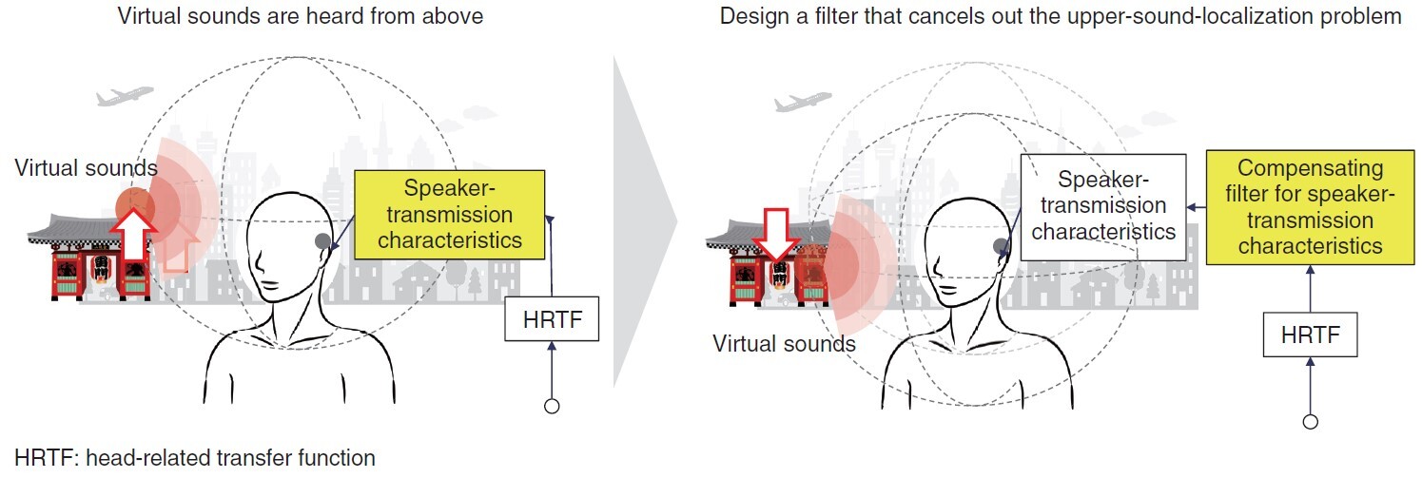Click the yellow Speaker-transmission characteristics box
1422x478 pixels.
[450, 214]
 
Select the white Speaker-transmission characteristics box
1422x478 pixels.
[1103, 206]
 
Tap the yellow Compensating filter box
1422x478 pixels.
[1311, 206]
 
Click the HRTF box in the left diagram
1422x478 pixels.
[552, 319]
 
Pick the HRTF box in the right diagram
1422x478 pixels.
[1311, 335]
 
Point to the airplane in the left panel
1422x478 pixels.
[125, 96]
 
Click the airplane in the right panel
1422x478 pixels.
[803, 102]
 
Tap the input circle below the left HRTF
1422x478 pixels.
[552, 407]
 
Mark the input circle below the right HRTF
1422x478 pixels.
[1311, 422]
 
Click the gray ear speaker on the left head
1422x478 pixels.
[323, 241]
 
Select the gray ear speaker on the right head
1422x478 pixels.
[1002, 247]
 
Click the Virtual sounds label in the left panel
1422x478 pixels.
[86, 168]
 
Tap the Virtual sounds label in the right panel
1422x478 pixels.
[784, 344]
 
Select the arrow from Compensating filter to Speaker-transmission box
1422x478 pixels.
[1197, 207]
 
